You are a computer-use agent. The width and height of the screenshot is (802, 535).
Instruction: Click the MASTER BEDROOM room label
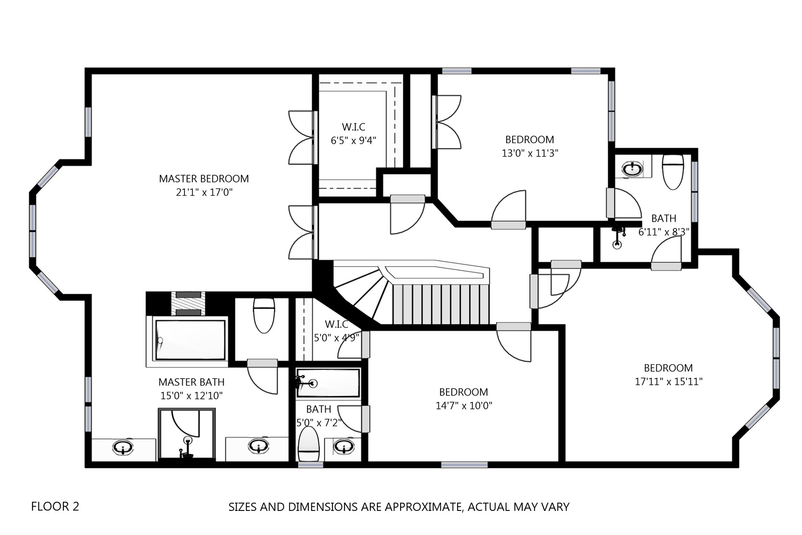pos(204,179)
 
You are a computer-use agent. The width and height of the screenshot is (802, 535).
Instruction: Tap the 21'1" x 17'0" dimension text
pos(205,193)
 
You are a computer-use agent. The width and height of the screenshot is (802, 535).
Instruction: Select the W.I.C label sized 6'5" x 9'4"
pos(354,128)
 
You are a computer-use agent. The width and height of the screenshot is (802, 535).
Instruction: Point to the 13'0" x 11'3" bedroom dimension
pos(530,153)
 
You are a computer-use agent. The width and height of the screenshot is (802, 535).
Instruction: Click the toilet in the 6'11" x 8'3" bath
pos(673,172)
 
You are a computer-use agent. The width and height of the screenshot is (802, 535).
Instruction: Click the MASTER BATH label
pos(192,382)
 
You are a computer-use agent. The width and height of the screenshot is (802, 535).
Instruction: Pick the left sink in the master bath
pos(123,447)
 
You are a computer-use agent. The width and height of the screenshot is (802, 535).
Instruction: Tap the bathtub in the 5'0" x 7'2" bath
pos(328,383)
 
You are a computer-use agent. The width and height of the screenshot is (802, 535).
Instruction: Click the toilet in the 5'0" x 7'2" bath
pos(309,444)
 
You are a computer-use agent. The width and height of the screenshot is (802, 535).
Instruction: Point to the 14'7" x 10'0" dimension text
pos(464,406)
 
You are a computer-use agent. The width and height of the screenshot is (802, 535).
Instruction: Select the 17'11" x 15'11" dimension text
pos(668,382)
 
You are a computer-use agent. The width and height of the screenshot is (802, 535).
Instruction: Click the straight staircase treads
pos(441,304)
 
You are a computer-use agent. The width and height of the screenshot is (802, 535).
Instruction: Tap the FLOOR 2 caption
pos(55,506)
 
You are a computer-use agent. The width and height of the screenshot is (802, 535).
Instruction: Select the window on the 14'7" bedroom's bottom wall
pos(464,465)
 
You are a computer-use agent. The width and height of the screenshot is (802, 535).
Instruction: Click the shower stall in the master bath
pos(187,433)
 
